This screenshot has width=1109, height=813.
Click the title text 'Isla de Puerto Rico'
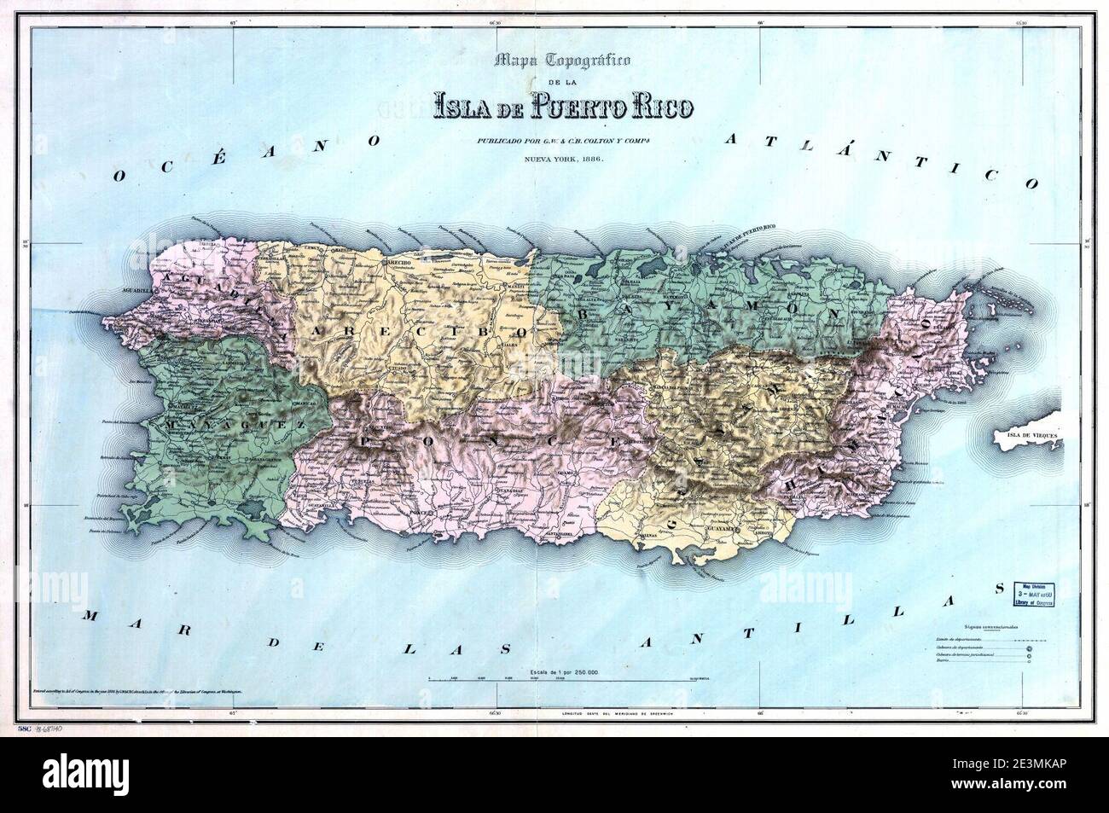[563, 107]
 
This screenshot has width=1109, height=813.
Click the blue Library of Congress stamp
[1032, 594]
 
